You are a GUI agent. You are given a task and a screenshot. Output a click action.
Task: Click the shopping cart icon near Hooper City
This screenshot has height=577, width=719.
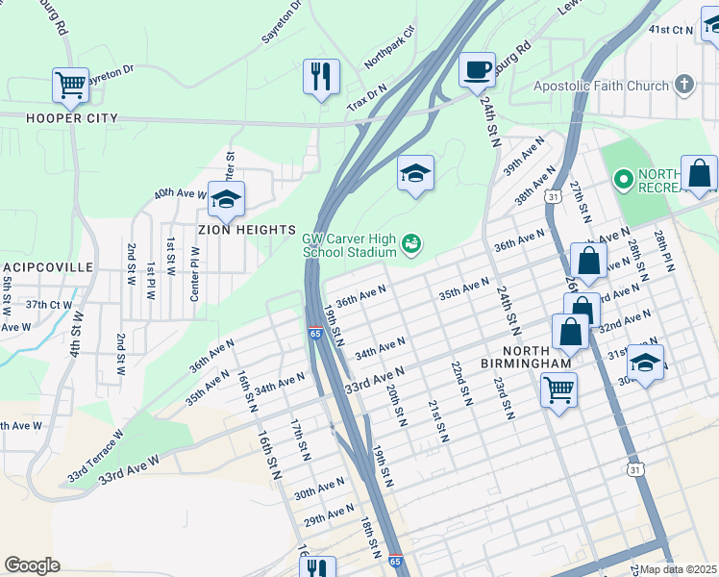[70, 85]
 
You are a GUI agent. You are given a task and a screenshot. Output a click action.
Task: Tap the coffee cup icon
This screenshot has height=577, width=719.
[477, 69]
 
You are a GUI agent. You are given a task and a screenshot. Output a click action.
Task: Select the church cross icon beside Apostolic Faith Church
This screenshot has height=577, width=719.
[684, 86]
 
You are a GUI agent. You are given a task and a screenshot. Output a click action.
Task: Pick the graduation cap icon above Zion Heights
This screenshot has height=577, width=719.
[226, 199]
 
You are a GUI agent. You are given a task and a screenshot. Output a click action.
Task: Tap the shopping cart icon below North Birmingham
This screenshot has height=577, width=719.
[558, 389]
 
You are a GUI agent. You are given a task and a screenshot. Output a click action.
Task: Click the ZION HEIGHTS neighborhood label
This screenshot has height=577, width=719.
[247, 230]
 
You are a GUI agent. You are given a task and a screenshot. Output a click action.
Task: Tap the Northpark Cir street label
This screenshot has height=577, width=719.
[388, 47]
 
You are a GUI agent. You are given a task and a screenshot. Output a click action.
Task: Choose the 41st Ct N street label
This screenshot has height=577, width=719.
[670, 30]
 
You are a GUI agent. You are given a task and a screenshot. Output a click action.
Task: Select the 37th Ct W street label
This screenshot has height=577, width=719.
[49, 304]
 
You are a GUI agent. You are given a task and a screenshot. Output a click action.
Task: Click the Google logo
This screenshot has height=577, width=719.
[32, 565]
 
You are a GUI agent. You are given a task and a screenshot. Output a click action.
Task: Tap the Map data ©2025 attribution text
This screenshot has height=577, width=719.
[678, 569]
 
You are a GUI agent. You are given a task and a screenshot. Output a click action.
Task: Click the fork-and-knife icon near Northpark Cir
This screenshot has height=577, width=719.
[321, 75]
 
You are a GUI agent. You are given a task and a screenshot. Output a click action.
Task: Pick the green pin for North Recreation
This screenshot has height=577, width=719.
[623, 179]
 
